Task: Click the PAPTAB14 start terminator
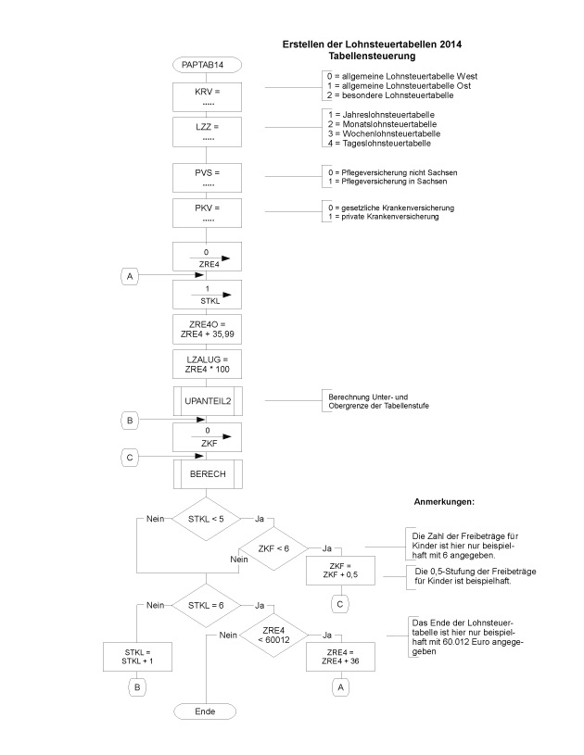point(208,65)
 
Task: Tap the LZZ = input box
point(208,132)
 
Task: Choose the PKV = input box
point(208,212)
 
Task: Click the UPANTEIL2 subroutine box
point(208,401)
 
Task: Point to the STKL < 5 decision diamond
point(206,519)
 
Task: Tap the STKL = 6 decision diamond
point(206,605)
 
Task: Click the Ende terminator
point(206,711)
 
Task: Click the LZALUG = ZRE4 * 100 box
point(208,363)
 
